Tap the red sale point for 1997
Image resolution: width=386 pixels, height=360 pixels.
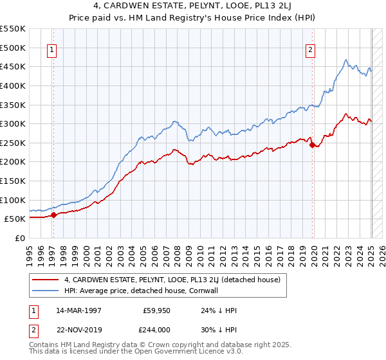pos(54,215)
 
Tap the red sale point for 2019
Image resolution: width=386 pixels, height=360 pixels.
pos(313,145)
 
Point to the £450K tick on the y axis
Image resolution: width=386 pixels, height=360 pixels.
pos(13,66)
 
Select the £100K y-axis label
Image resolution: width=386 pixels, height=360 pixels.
pos(13,200)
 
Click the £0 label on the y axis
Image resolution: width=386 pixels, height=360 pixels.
pos(20,238)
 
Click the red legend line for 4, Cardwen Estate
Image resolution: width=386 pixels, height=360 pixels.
pos(46,280)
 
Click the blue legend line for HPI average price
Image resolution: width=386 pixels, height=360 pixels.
pos(46,291)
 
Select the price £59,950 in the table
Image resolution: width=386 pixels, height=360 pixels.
pos(156,310)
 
